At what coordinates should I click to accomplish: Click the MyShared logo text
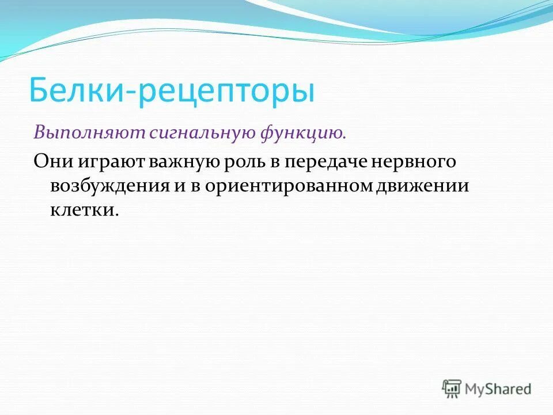pyautogui.click(x=499, y=389)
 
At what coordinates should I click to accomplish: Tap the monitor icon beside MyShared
pyautogui.click(x=452, y=388)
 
